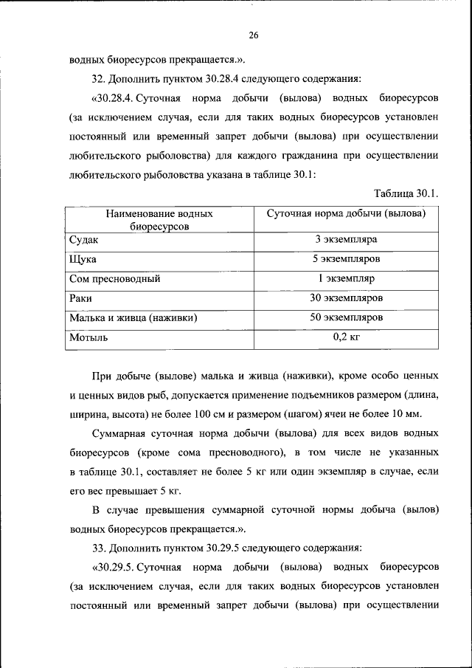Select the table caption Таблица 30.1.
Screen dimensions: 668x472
[x=406, y=194]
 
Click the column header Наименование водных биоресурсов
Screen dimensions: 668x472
[x=159, y=220]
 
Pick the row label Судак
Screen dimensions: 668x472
[x=83, y=241]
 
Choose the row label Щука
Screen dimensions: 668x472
[x=83, y=260]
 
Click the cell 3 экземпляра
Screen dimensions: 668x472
[x=346, y=241]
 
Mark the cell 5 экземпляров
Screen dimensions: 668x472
[x=346, y=260]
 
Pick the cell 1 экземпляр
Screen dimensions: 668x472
[x=346, y=280]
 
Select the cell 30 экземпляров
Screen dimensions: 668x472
[x=346, y=299]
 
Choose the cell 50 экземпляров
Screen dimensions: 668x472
[x=346, y=318]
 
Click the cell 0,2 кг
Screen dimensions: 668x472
[x=346, y=337]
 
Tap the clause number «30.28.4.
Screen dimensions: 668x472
[x=114, y=98]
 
